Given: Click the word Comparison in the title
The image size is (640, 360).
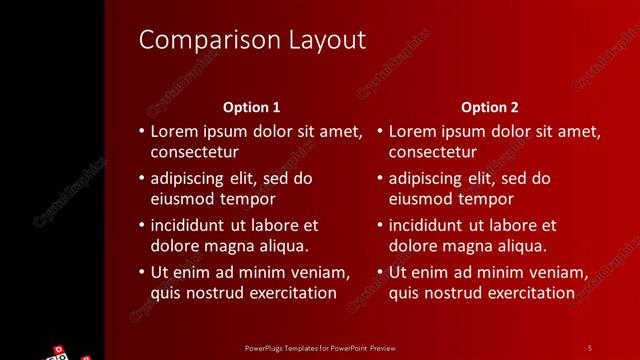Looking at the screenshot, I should click(x=193, y=40).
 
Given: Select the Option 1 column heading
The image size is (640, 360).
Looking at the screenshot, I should click(x=251, y=107).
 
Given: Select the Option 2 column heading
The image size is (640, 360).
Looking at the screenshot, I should click(x=490, y=107).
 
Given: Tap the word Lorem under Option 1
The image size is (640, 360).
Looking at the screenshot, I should click(x=174, y=131).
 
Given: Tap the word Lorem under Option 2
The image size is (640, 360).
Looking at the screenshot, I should click(x=413, y=131).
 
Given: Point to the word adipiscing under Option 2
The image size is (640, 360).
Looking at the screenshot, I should click(x=427, y=179).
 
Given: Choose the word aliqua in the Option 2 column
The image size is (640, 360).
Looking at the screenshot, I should click(x=518, y=245).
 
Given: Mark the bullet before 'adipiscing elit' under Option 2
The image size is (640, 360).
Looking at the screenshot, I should click(x=380, y=179).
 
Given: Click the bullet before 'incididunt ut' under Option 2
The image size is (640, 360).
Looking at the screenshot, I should click(x=380, y=225).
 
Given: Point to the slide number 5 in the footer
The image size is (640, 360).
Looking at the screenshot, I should click(x=590, y=347).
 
